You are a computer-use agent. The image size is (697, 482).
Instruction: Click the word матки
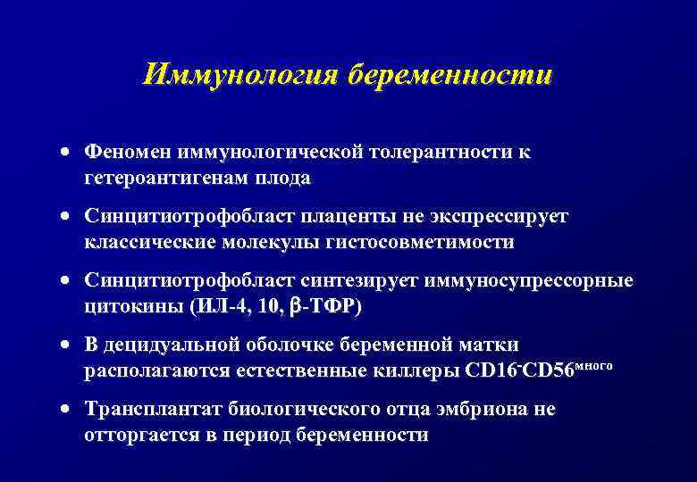point(491,345)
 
